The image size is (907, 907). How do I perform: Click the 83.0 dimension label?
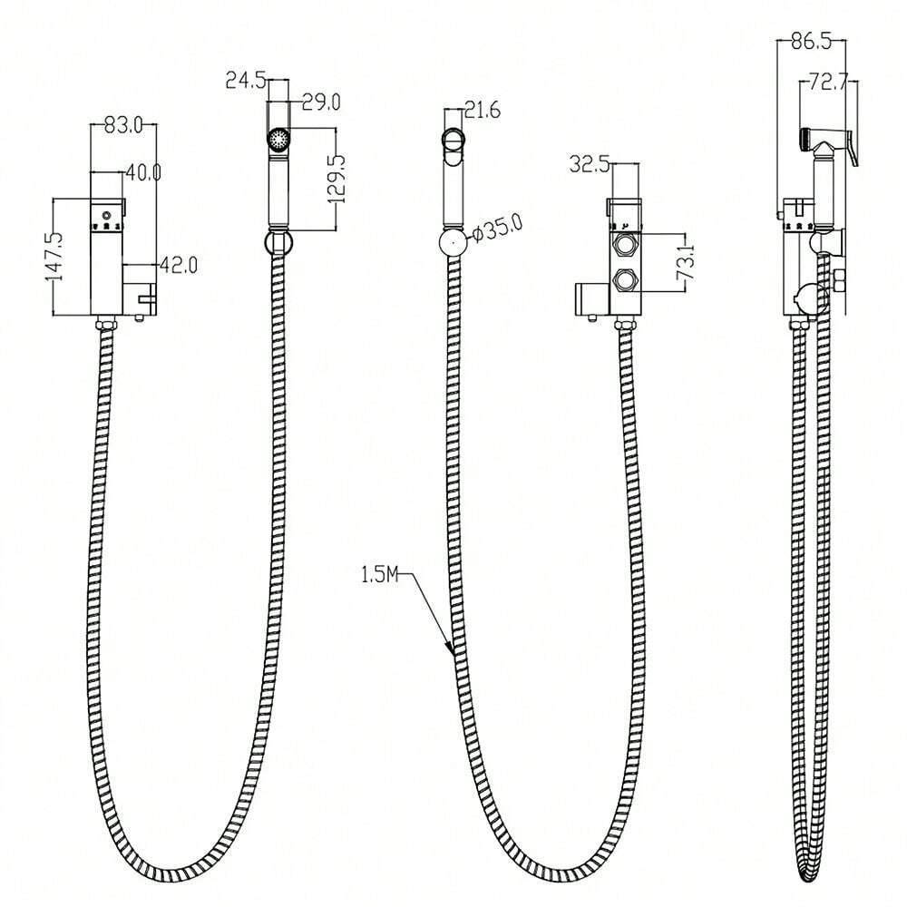[122, 125]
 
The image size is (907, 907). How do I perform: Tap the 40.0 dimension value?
[143, 172]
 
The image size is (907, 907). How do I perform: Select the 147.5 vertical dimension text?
[55, 257]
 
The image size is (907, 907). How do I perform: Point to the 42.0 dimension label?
[179, 265]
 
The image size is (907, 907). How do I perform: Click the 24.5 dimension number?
[245, 80]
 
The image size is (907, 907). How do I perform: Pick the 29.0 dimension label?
[322, 102]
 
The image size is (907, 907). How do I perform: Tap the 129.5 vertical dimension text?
[336, 179]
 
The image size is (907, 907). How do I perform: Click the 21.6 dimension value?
[483, 110]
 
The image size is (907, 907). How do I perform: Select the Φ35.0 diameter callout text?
[497, 228]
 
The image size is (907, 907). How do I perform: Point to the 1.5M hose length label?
[380, 574]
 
